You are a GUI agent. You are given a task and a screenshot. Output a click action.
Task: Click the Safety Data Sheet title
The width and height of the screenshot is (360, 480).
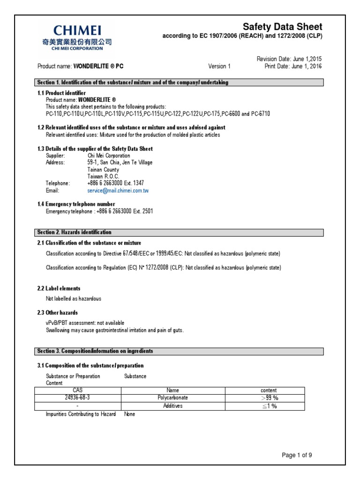(282, 27)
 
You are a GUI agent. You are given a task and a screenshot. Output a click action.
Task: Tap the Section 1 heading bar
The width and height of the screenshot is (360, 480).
(180, 82)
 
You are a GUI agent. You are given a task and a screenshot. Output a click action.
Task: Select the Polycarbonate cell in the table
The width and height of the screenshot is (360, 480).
(173, 398)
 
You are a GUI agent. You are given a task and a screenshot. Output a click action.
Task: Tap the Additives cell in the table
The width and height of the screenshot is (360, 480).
(173, 406)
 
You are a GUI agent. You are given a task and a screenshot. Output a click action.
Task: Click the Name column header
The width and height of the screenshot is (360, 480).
(173, 390)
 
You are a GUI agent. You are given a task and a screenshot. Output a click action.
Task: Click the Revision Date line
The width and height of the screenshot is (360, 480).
(289, 59)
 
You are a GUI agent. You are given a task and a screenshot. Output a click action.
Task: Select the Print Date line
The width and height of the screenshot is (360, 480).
(293, 66)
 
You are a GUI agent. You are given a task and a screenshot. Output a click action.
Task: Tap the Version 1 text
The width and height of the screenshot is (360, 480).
(219, 66)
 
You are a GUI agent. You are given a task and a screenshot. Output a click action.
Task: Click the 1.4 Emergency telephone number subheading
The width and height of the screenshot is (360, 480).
(76, 204)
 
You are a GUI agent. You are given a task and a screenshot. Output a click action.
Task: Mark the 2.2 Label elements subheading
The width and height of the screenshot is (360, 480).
(59, 288)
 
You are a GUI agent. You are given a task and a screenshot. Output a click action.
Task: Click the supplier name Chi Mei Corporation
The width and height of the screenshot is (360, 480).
(109, 156)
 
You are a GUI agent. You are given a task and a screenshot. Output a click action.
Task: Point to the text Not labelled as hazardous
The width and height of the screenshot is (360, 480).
(73, 299)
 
